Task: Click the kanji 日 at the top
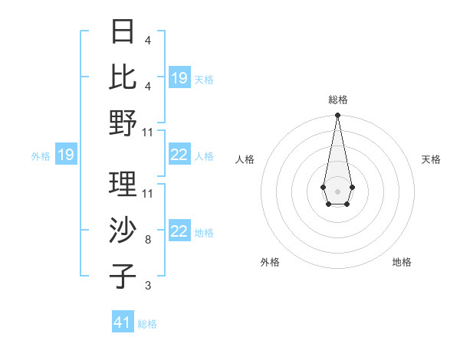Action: click(x=123, y=31)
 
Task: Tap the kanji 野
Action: click(x=123, y=123)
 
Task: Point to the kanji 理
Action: click(x=123, y=185)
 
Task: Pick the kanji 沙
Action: click(x=123, y=231)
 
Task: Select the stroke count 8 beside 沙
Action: click(x=147, y=240)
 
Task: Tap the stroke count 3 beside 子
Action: click(x=147, y=286)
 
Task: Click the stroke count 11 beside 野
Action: click(x=148, y=132)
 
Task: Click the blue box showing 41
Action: click(x=123, y=322)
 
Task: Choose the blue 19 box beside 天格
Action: click(x=179, y=78)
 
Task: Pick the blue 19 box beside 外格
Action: click(x=66, y=155)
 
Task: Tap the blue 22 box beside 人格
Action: click(x=179, y=155)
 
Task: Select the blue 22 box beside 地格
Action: click(x=179, y=231)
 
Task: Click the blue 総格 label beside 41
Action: click(x=147, y=324)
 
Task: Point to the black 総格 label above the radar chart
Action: click(x=337, y=100)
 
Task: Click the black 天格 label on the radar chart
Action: click(x=431, y=159)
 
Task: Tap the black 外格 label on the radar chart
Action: click(x=270, y=262)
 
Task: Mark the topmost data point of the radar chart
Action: click(x=337, y=116)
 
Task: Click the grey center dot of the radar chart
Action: click(x=337, y=190)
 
